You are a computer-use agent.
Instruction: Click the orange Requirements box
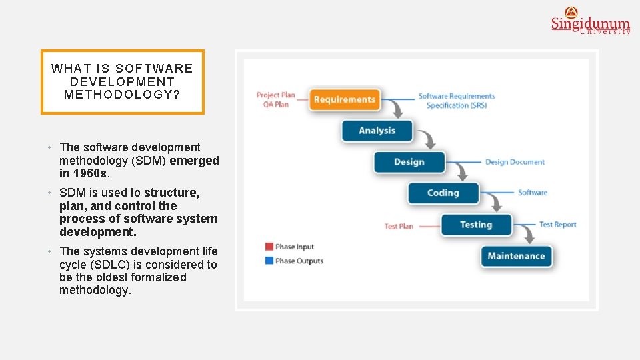coord(345,99)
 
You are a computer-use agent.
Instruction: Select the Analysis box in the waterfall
coord(377,131)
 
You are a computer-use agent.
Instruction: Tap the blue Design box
coord(409,162)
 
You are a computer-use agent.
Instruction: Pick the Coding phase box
coord(443,193)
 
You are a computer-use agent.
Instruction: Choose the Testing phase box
coord(475,225)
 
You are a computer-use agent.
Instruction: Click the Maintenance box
coord(516,256)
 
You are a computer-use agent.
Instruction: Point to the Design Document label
coord(515,162)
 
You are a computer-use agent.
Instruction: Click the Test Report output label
coord(557,225)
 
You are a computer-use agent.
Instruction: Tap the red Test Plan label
coord(399,226)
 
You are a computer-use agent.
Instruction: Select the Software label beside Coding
coord(533,193)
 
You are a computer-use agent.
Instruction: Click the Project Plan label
coord(275,95)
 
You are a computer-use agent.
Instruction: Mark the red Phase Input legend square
coord(269,247)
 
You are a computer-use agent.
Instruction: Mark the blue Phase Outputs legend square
coord(269,261)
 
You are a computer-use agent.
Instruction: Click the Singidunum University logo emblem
coord(571,11)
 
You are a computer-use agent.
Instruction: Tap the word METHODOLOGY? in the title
coord(122,95)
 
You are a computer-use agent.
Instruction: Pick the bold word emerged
coord(194,161)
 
